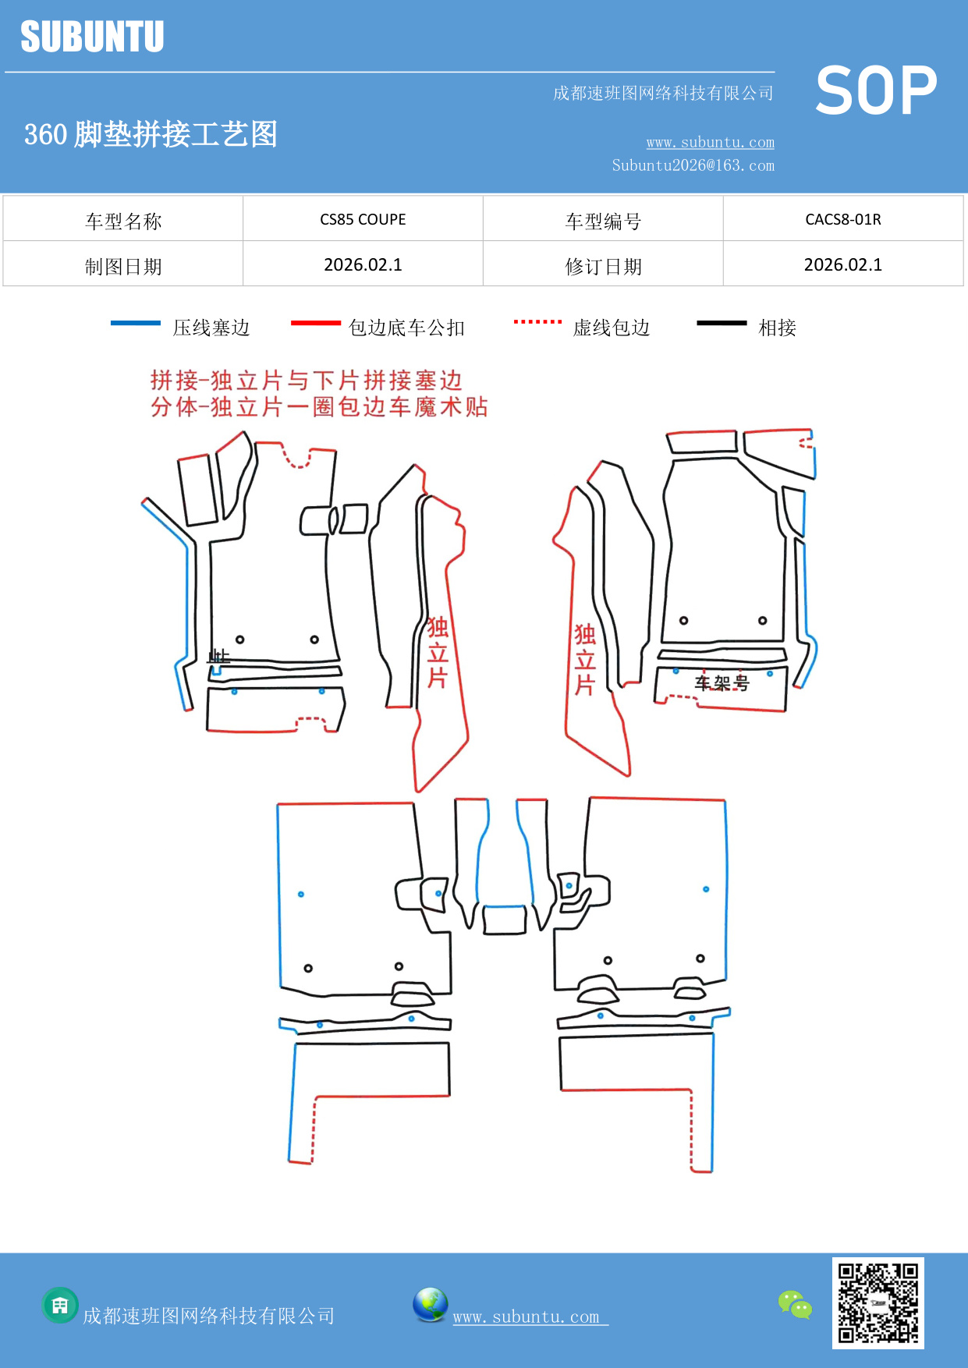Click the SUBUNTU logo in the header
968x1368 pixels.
(x=92, y=37)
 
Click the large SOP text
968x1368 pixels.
(x=875, y=90)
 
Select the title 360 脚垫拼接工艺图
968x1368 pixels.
(x=151, y=134)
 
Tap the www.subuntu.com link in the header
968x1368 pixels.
(x=710, y=142)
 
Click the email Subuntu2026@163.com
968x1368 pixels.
(x=693, y=165)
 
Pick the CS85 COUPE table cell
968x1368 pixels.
(x=363, y=219)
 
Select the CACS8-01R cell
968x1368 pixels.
(x=842, y=219)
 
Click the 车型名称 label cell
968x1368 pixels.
(x=123, y=221)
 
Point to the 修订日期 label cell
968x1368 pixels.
(x=603, y=266)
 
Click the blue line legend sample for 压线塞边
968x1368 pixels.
(x=136, y=323)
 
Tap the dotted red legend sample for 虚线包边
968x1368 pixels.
(x=537, y=321)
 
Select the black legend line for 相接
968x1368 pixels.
(x=722, y=323)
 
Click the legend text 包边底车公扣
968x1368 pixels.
(x=406, y=328)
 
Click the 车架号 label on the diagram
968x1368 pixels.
(x=722, y=683)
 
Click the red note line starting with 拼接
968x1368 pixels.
(x=306, y=381)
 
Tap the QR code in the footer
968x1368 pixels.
(x=878, y=1302)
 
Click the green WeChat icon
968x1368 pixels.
(x=795, y=1304)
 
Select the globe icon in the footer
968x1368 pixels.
(x=430, y=1305)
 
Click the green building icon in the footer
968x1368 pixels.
(x=60, y=1305)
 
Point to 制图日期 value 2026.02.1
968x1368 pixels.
(x=363, y=264)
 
